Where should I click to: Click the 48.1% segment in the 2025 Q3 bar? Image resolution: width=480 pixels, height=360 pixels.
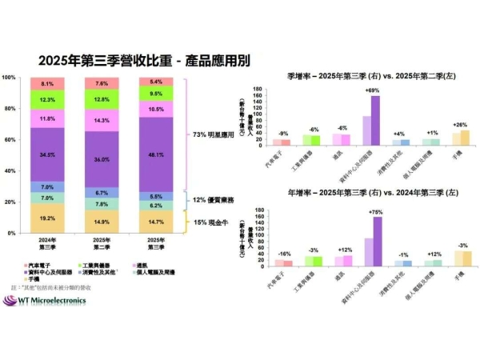click(x=156, y=154)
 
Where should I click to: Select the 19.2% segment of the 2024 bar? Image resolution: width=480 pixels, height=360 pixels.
click(x=47, y=218)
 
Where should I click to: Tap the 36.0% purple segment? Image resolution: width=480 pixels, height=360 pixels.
click(x=102, y=159)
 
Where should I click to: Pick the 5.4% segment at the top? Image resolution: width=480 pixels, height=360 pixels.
click(x=156, y=82)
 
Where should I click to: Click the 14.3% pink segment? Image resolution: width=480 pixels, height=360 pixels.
click(x=102, y=120)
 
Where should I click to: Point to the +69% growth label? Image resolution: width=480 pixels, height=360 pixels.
click(x=371, y=90)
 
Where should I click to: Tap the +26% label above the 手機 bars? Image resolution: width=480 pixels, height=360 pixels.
click(x=461, y=124)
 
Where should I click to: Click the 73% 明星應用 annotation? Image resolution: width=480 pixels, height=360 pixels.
click(x=210, y=136)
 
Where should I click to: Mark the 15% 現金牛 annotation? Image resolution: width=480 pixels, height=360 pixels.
click(x=207, y=222)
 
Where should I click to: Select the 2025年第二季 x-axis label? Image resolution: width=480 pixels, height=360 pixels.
click(x=102, y=242)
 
